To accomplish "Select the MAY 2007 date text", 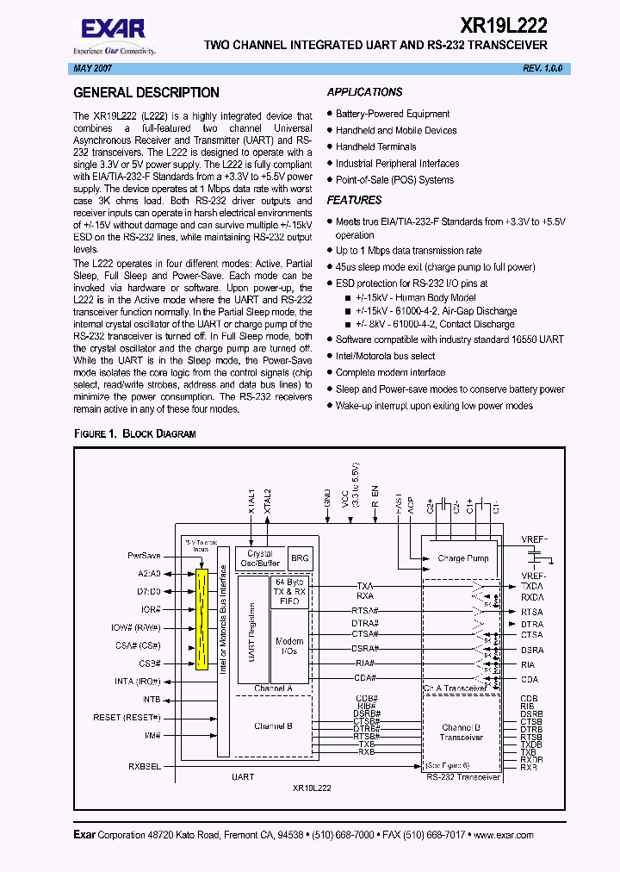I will click(x=90, y=68).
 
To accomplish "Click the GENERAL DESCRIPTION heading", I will click(x=146, y=93).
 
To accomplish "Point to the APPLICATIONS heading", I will click(x=365, y=92).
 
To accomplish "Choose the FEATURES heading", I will click(x=355, y=200).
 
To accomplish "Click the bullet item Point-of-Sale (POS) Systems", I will click(x=394, y=180).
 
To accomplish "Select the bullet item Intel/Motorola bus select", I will click(x=385, y=356).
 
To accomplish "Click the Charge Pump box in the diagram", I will click(x=462, y=558).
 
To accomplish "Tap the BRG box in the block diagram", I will click(x=300, y=558).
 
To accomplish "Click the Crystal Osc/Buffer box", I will click(x=259, y=558).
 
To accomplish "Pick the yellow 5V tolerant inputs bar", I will click(x=202, y=619).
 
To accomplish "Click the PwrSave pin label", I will click(x=144, y=556).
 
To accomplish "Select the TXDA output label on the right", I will click(x=532, y=585).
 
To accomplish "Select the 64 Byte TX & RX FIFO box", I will click(x=289, y=592).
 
